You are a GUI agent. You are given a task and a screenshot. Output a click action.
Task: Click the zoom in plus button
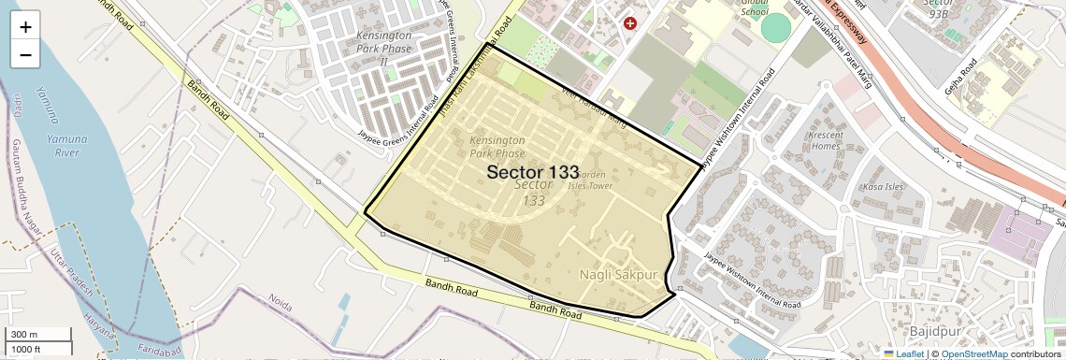pyautogui.click(x=25, y=27)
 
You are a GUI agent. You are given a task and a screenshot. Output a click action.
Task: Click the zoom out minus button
pyautogui.click(x=25, y=54)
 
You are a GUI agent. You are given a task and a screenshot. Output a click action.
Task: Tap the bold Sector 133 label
pyautogui.click(x=532, y=171)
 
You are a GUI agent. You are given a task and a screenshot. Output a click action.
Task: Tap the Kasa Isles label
pyautogui.click(x=883, y=186)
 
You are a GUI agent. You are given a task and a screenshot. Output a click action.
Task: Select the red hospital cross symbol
pyautogui.click(x=630, y=22)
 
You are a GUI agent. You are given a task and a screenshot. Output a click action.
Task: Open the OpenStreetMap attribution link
pyautogui.click(x=973, y=353)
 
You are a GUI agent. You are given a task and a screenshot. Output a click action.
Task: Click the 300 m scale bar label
pyautogui.click(x=24, y=335)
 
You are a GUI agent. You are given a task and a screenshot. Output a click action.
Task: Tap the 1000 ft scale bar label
pyautogui.click(x=26, y=348)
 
